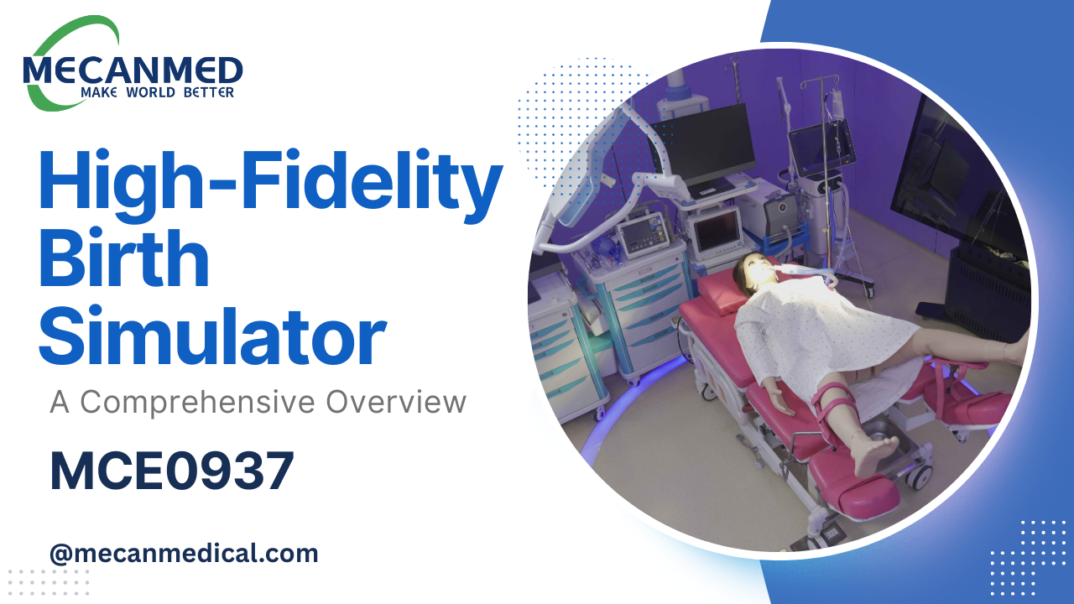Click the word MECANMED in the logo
(133, 70)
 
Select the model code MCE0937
(172, 471)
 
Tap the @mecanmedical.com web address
(184, 554)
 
